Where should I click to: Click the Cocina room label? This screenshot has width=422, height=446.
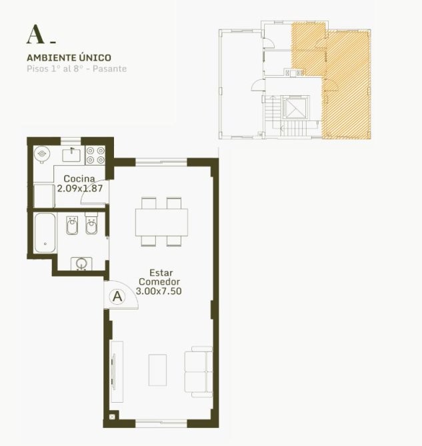pos(79,178)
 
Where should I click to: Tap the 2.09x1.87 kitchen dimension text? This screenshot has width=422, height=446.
pos(80,188)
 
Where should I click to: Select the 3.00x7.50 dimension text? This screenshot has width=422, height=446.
pos(159,292)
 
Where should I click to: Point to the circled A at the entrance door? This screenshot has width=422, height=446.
pos(117,297)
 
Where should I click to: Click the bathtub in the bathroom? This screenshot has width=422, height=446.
pos(45,233)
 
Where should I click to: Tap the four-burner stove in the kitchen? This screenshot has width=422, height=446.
pos(95,155)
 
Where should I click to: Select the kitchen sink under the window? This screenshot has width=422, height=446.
pos(71,155)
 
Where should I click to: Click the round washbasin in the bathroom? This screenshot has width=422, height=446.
pos(81,264)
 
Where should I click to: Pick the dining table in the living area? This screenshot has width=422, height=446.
pos(161,222)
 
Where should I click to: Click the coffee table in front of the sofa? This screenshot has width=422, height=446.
pos(157,370)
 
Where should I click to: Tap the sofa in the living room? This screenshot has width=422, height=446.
pos(199,371)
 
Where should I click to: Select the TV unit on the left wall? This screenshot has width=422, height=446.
pos(117,371)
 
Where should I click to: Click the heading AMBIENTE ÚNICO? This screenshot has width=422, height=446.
pos(69,58)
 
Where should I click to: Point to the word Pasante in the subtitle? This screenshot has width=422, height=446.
pos(109,69)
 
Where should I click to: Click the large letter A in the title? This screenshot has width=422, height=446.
pos(35,35)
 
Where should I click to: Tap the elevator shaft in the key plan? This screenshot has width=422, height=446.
pos(295,108)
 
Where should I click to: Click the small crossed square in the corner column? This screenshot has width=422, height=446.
pos(112,417)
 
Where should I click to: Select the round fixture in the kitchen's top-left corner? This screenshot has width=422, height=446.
pos(42,154)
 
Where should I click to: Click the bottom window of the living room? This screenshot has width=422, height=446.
pos(161,423)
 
